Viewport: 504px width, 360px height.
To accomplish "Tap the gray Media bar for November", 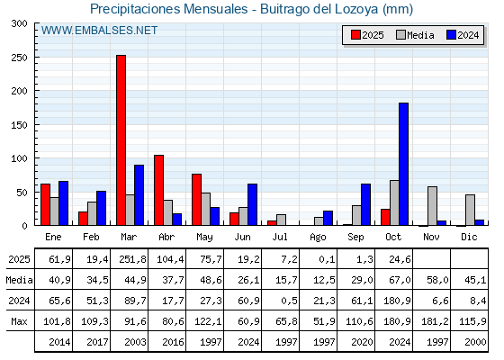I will [432, 206].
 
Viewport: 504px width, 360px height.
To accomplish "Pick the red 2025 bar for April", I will [158, 190].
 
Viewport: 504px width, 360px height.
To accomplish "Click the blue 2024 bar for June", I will [253, 204].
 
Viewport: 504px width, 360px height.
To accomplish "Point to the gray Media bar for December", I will [470, 210].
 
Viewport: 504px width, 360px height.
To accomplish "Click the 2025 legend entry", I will [365, 35].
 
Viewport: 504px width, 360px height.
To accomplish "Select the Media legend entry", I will [413, 35].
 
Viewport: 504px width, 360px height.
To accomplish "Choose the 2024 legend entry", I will [461, 35].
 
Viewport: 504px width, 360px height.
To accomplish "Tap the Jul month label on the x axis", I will [281, 237].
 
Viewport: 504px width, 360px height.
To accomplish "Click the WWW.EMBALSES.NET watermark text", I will [99, 31].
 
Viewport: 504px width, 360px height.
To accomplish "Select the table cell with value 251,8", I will [130, 259].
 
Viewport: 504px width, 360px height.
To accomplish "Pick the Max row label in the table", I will [18, 321].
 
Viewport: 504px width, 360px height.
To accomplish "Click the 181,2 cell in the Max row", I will [432, 321].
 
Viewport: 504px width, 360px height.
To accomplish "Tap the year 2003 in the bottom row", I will [130, 342].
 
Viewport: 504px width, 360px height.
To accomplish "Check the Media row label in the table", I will [18, 280].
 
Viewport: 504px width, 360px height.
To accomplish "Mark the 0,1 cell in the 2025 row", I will [319, 259].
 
